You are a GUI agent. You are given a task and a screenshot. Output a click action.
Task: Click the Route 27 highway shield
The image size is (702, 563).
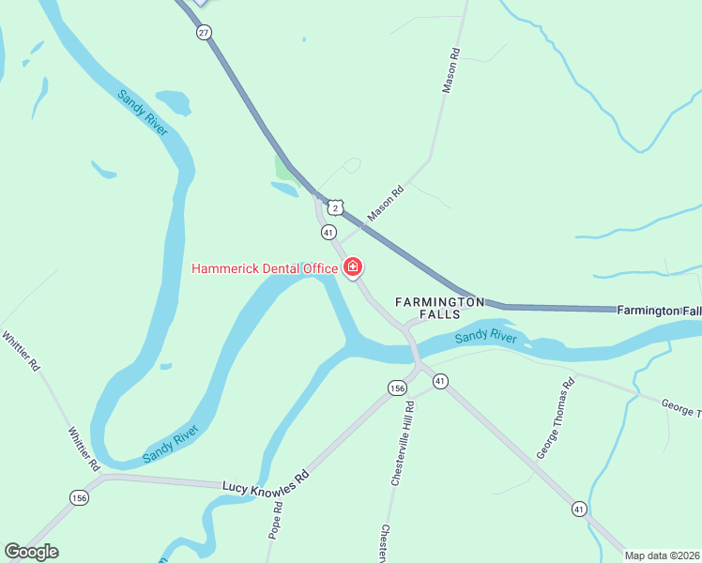click(204, 32)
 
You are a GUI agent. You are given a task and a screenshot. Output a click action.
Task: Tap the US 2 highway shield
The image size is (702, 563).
click(335, 206)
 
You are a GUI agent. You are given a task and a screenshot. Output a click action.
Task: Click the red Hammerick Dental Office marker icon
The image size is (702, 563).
click(353, 268)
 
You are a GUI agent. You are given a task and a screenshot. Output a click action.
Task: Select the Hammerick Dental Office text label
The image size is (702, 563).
click(265, 269)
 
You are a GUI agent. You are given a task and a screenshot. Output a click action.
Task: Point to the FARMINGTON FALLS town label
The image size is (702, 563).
click(439, 308)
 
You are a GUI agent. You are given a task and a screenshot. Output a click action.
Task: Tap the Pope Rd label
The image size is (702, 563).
click(277, 519)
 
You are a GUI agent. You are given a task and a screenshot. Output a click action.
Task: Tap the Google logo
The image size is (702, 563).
click(31, 552)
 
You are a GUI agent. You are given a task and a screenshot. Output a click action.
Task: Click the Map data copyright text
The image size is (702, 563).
click(663, 555)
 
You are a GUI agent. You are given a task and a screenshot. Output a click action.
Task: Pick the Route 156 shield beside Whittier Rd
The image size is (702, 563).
click(79, 497)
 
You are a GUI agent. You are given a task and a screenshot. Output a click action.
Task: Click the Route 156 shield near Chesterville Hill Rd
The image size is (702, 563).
click(398, 388)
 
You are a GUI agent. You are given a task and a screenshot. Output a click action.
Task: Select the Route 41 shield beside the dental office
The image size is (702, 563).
click(328, 231)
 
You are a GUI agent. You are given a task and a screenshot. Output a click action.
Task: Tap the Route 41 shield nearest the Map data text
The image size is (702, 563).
click(579, 509)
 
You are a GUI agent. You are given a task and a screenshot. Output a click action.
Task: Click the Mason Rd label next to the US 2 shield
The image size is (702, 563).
click(385, 203)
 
